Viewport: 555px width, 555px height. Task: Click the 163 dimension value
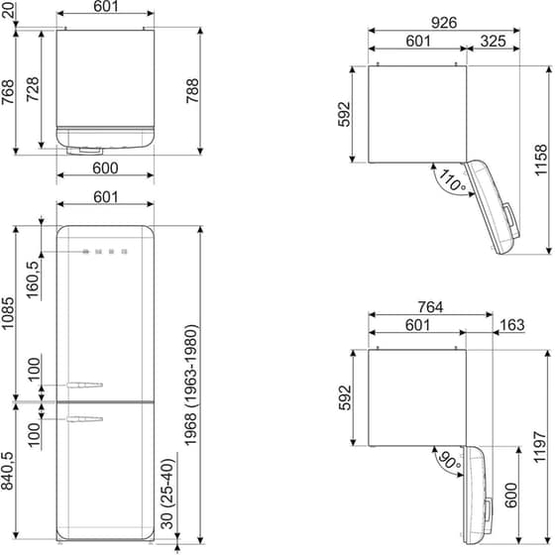click(x=513, y=325)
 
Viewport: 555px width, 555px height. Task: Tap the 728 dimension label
click(x=33, y=91)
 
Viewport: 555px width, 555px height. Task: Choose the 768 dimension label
click(x=8, y=91)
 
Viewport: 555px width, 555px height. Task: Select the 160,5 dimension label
click(x=33, y=279)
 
